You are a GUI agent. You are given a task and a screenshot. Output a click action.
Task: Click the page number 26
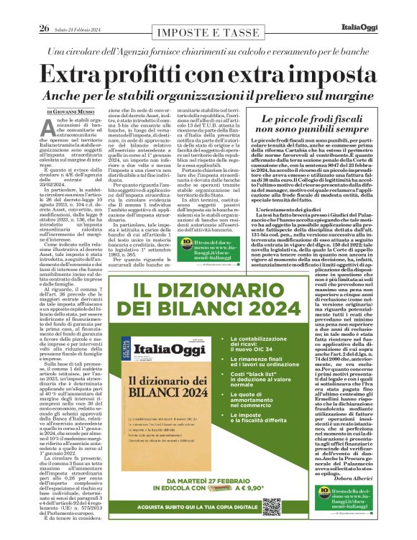point(44,9)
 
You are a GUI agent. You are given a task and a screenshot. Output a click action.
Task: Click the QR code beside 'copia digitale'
point(271,506)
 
